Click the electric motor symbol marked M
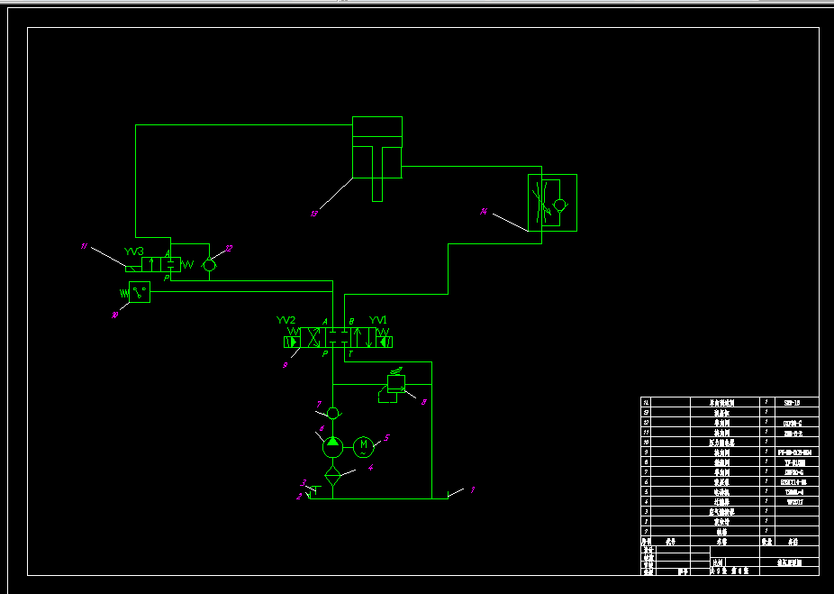pos(363,445)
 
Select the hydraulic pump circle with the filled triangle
pos(332,442)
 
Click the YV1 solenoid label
pos(378,320)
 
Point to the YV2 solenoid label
pos(286,320)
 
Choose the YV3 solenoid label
pos(134,251)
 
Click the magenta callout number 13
pos(313,214)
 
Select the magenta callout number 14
pos(484,213)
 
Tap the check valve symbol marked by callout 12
pos(209,265)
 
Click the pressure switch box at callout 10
pos(140,292)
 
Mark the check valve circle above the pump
pos(332,413)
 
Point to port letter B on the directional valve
pos(351,322)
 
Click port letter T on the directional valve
pos(350,354)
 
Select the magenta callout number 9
pos(285,365)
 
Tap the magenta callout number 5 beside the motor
pos(386,438)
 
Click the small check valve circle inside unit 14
pos(560,205)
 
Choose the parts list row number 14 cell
pos(645,403)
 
